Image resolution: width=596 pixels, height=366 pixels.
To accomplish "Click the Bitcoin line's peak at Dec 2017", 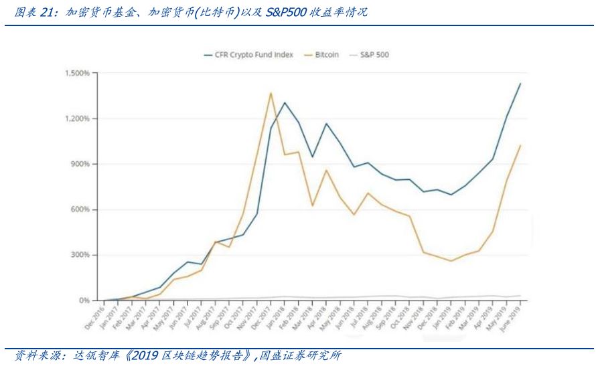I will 271,93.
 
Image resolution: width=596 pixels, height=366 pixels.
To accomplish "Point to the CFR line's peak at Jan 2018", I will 285,103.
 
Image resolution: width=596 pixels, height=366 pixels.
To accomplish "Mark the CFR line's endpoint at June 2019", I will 520,84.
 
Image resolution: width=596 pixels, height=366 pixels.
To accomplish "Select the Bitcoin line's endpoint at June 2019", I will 520,145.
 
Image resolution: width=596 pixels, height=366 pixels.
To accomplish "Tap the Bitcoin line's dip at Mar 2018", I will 312,205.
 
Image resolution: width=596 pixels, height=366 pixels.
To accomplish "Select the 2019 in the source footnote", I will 146,355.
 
